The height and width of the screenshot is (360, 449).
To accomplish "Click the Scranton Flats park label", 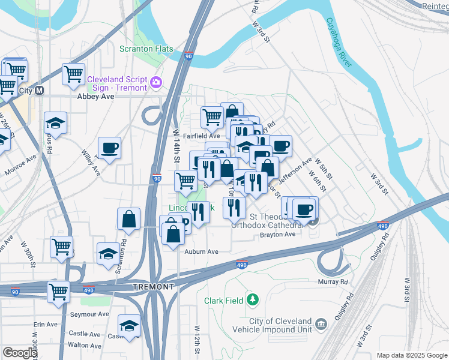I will click(x=146, y=49).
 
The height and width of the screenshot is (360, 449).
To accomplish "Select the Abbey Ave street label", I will click(x=95, y=96).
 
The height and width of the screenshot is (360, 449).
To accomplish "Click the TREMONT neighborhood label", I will click(x=153, y=287).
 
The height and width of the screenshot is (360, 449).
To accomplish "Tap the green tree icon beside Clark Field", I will click(x=253, y=298).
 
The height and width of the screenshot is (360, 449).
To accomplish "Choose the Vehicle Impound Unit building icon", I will click(x=322, y=325).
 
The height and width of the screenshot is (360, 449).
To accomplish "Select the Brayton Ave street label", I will click(x=278, y=235).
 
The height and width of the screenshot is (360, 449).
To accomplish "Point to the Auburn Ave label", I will click(x=201, y=252).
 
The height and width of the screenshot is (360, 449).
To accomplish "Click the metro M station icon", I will click(x=40, y=91).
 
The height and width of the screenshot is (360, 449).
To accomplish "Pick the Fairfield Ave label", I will click(x=201, y=136).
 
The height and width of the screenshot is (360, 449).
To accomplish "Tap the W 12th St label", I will click(x=197, y=338).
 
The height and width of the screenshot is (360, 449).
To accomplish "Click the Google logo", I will click(x=19, y=353).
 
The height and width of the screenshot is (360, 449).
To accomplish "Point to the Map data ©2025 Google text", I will click(x=411, y=355).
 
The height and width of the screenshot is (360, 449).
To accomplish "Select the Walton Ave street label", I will click(x=85, y=345).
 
